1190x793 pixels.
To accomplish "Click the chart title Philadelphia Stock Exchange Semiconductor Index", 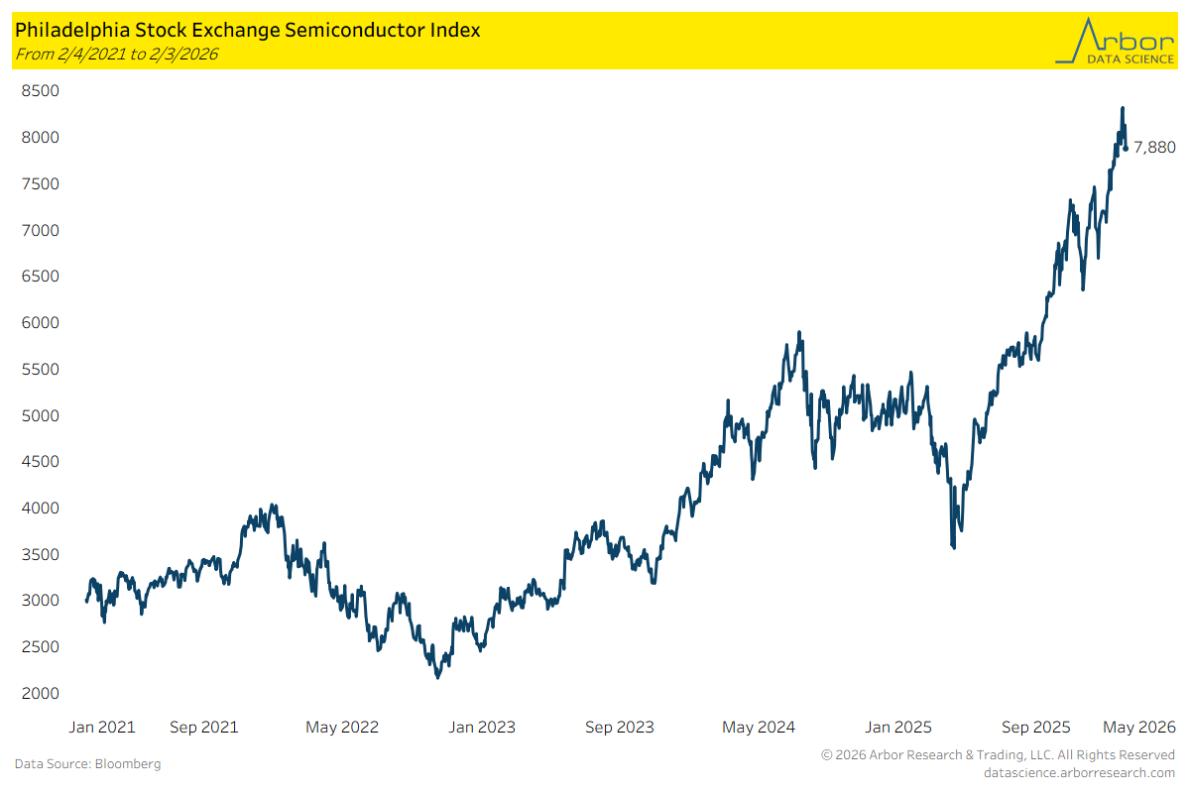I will click(247, 30).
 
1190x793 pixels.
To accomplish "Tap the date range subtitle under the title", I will click(116, 54).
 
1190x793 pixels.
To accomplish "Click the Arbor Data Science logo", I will click(1114, 41).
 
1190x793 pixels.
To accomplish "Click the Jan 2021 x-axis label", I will click(102, 727).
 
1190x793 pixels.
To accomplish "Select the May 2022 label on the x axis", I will click(342, 727).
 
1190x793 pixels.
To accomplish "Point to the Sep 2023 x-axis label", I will click(620, 727).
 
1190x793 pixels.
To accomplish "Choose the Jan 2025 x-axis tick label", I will click(897, 727).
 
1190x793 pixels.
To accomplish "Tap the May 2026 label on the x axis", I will click(1140, 727).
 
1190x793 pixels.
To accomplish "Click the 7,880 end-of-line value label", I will click(1154, 148).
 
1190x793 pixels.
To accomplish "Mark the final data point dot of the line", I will click(1126, 149).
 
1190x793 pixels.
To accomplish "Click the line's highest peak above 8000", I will click(1122, 108).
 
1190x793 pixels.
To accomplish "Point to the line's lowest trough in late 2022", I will click(437, 677).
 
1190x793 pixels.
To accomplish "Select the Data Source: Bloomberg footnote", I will click(87, 764).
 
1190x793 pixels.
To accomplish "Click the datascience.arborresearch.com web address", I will click(1079, 772).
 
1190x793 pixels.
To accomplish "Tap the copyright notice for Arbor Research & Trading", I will click(998, 755).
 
